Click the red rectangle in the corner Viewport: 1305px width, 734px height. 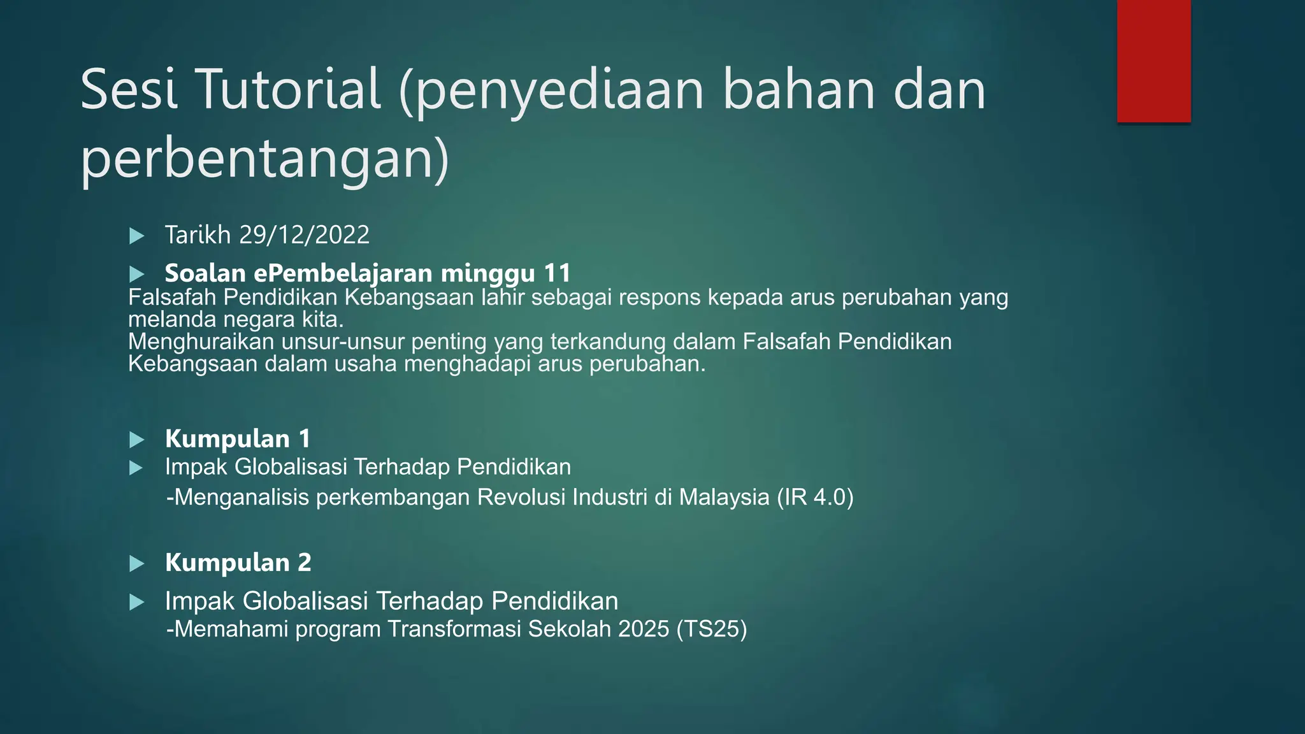(x=1153, y=61)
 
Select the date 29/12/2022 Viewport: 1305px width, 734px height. (x=304, y=235)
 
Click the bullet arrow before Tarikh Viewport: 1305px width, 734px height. (x=136, y=236)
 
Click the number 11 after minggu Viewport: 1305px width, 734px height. (x=557, y=273)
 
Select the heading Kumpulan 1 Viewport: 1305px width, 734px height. (x=238, y=439)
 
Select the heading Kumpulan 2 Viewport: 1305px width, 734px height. (x=238, y=563)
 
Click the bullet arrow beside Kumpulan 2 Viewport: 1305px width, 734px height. (x=136, y=564)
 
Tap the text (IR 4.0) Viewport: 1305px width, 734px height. (x=815, y=497)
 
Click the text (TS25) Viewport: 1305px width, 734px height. (x=712, y=629)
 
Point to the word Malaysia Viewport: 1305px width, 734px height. (x=725, y=497)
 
